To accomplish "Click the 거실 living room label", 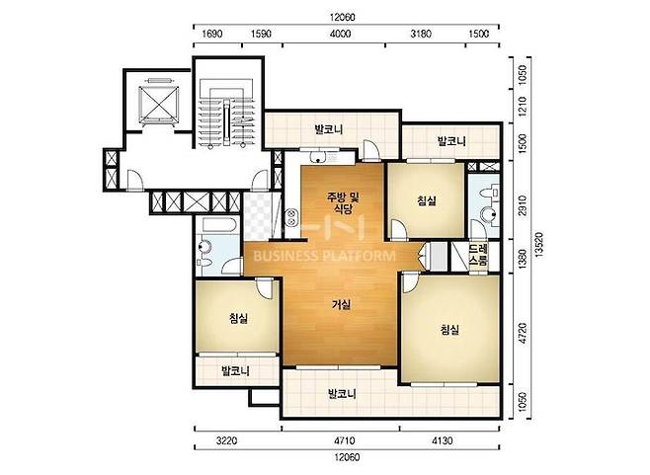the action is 342,305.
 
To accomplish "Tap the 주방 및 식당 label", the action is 343,202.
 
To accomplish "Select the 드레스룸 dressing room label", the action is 478,255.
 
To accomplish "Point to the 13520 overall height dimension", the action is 538,245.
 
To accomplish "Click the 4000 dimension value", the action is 340,34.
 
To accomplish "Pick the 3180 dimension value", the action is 421,34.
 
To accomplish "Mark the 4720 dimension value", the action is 523,333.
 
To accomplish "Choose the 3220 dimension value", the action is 227,440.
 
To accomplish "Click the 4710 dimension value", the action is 344,440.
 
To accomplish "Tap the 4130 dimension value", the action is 443,440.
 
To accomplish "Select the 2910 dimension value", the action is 523,205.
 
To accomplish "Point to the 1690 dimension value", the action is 211,34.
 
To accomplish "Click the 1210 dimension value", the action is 523,106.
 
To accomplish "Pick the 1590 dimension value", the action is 261,34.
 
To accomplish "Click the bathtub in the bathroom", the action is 219,225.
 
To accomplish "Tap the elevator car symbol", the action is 159,106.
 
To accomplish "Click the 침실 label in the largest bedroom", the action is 449,330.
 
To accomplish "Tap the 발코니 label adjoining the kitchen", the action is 329,129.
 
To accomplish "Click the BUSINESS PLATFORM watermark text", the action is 324,256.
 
